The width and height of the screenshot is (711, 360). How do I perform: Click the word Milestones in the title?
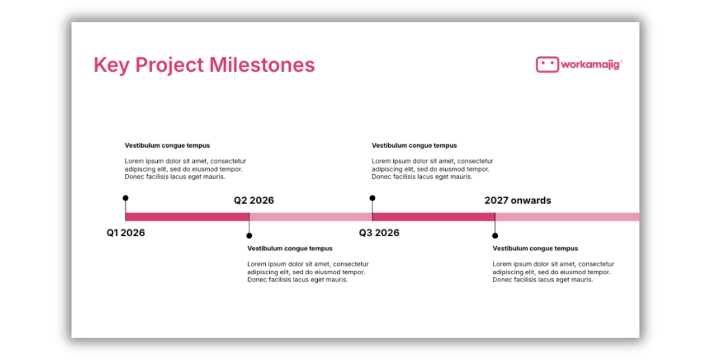pyautogui.click(x=262, y=65)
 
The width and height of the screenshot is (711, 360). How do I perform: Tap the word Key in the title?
pyautogui.click(x=111, y=65)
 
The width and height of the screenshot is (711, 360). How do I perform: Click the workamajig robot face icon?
pyautogui.click(x=547, y=64)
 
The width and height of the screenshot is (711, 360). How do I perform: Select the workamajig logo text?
pyautogui.click(x=591, y=65)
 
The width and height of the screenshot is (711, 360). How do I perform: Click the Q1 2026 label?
pyautogui.click(x=126, y=232)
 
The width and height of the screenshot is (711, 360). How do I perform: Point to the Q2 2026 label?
pyautogui.click(x=254, y=200)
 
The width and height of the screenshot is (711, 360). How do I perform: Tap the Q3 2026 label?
pyautogui.click(x=379, y=232)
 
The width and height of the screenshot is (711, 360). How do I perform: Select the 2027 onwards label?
pyautogui.click(x=518, y=200)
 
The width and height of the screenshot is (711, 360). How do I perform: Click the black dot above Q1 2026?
pyautogui.click(x=125, y=198)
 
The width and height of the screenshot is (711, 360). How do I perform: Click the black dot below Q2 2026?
pyautogui.click(x=249, y=236)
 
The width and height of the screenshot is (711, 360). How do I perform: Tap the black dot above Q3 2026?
pyautogui.click(x=372, y=198)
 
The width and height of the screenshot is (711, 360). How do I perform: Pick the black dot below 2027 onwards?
pyautogui.click(x=495, y=236)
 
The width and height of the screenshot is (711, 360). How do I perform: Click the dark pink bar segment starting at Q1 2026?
pyautogui.click(x=187, y=217)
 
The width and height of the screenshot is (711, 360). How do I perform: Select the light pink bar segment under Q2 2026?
pyautogui.click(x=310, y=217)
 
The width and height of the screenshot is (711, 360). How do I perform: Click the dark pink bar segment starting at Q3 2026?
pyautogui.click(x=433, y=217)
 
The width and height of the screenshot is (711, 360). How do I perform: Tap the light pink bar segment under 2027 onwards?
pyautogui.click(x=567, y=217)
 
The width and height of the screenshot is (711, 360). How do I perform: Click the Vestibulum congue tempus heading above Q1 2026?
pyautogui.click(x=167, y=145)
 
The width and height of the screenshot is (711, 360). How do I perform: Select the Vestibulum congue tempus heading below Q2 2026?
pyautogui.click(x=290, y=248)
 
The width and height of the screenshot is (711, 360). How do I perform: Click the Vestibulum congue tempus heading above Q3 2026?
pyautogui.click(x=414, y=145)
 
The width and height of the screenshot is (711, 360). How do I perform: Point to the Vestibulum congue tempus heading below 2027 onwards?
pyautogui.click(x=535, y=248)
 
